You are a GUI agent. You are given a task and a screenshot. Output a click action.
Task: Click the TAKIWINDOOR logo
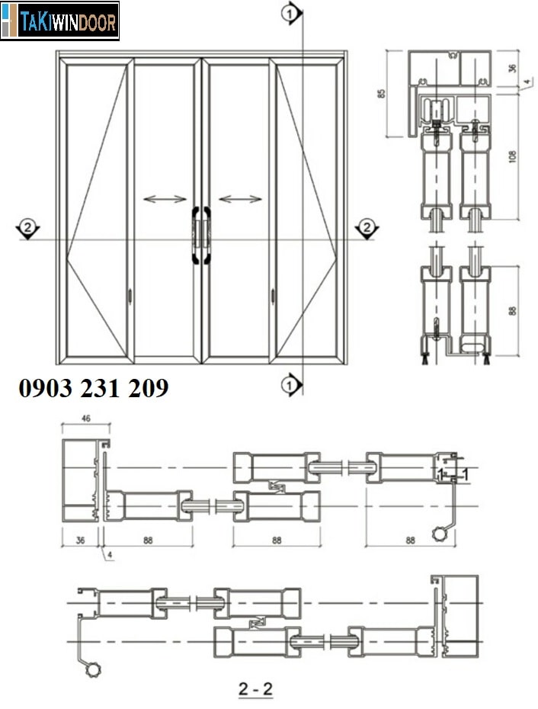coord(60,21)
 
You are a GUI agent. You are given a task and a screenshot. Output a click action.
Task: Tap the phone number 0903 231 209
coord(93,389)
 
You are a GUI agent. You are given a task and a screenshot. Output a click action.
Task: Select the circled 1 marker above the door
coord(289,12)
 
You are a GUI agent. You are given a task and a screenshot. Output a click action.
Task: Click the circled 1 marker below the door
coord(289,387)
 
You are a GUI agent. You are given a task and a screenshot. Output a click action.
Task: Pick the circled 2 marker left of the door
coord(28,227)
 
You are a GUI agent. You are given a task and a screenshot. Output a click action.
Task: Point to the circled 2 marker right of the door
coord(366,227)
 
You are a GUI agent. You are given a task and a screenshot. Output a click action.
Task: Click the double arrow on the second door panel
coord(165,200)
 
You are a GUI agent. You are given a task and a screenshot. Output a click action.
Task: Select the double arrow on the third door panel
coord(240,200)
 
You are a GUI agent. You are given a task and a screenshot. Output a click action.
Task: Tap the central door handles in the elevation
coord(200,236)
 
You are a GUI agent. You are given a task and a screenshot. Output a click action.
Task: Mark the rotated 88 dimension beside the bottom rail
coord(513,311)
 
